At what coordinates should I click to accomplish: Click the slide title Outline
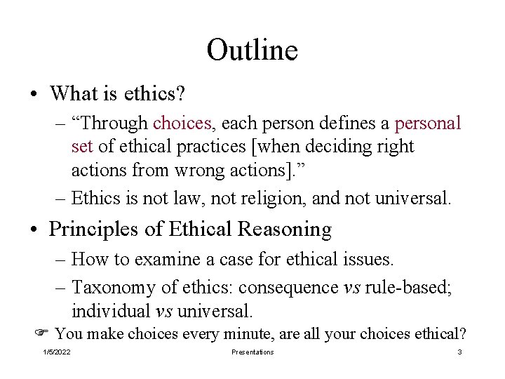tap(252, 51)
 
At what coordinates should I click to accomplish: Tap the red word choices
tap(182, 124)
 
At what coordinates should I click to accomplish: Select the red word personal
tap(428, 124)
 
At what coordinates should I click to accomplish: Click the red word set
tap(82, 147)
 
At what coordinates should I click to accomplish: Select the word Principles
tap(97, 230)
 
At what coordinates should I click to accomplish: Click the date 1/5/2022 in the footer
tap(57, 352)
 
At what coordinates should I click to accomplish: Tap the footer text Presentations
tap(252, 352)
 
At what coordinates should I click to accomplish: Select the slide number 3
tap(459, 352)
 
